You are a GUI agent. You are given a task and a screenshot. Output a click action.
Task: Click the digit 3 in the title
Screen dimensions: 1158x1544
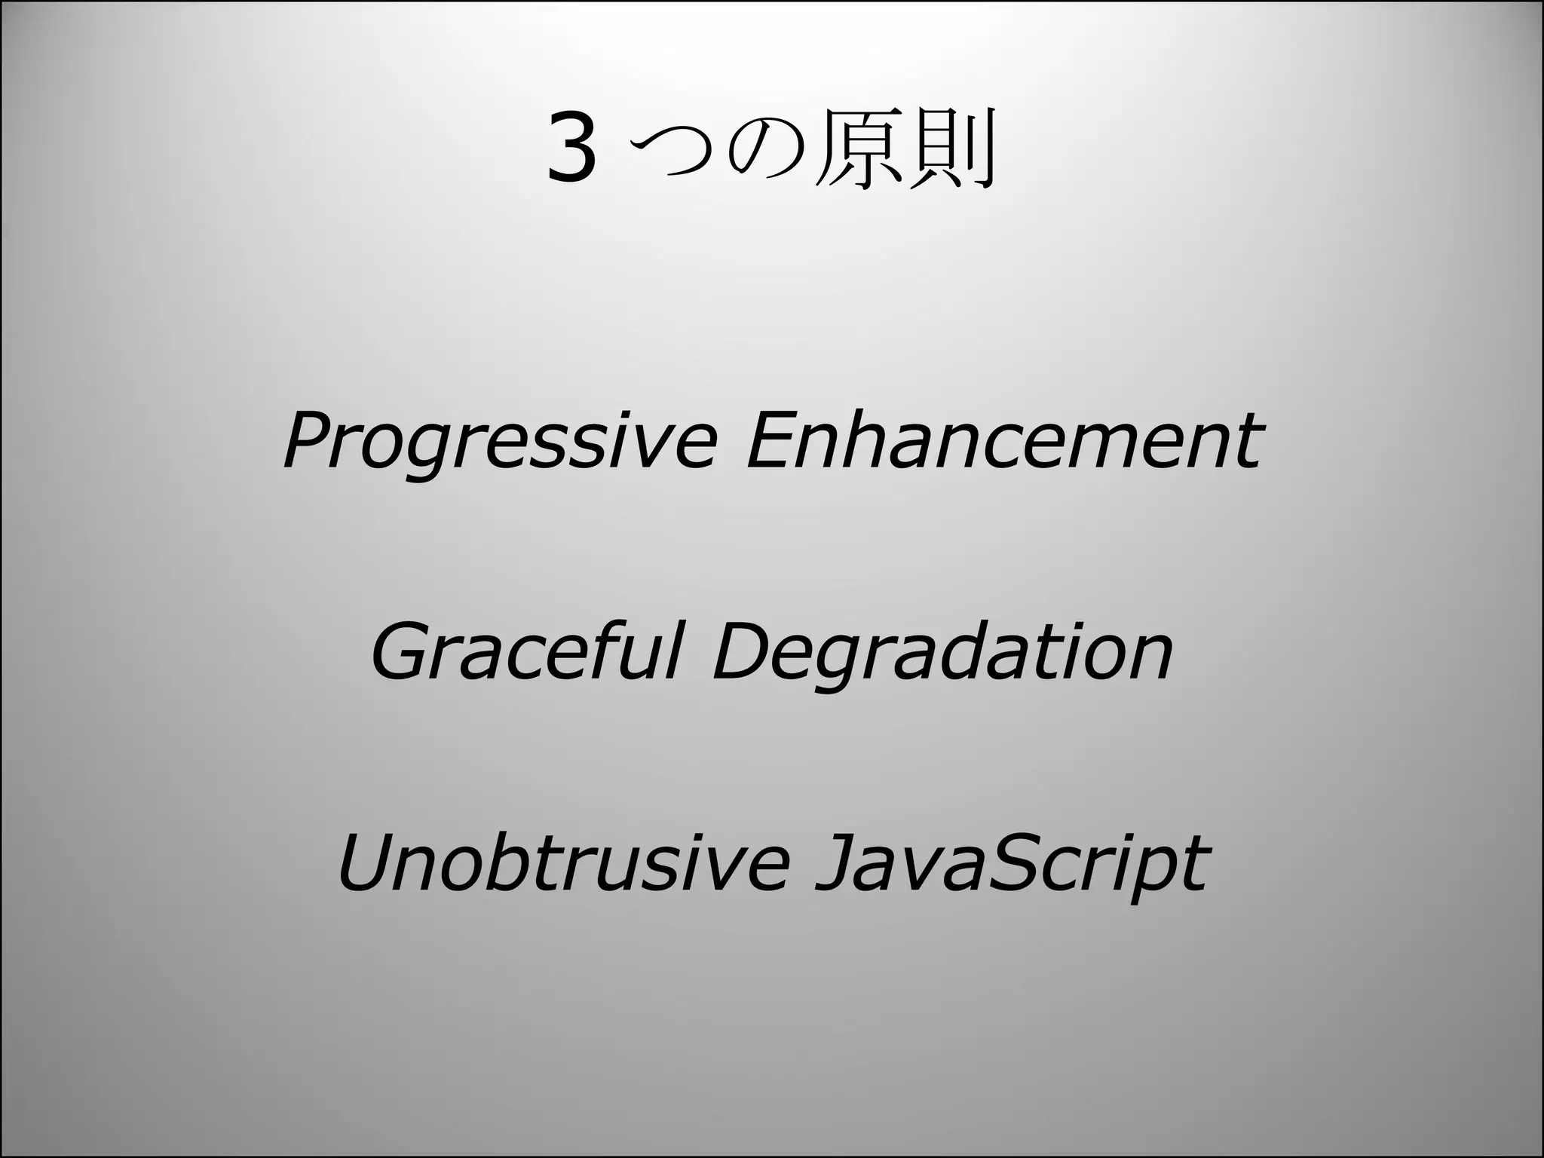click(572, 149)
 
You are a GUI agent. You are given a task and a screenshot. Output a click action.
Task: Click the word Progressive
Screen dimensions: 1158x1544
click(498, 442)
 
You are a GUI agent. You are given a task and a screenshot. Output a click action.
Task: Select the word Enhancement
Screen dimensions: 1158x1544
click(1003, 440)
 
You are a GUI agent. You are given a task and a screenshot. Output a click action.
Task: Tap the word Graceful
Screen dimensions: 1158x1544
click(527, 651)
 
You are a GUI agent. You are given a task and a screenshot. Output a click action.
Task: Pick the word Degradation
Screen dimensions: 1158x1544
click(942, 653)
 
